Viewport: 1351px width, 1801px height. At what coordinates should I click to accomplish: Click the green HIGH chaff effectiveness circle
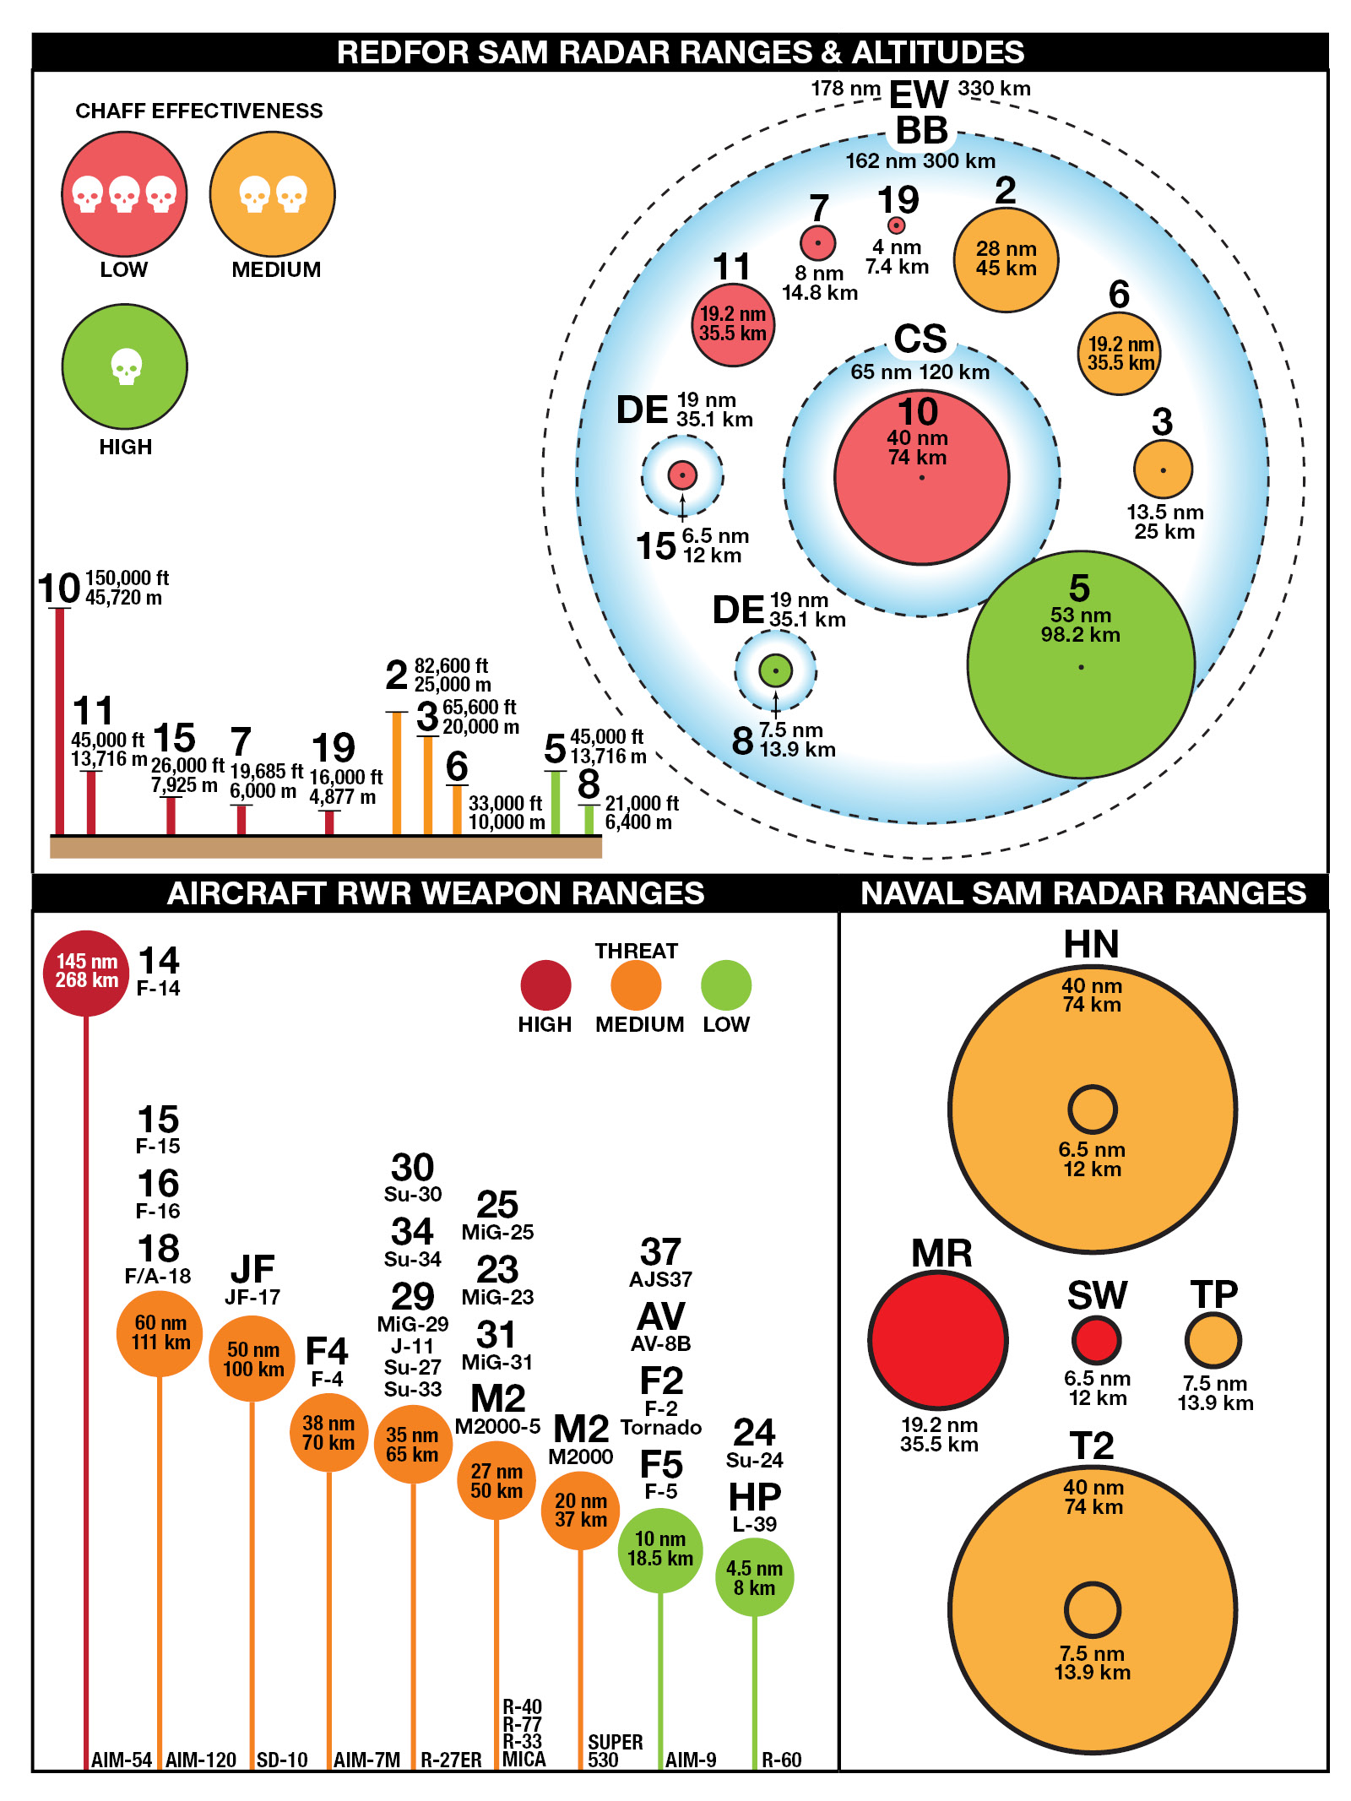coord(125,366)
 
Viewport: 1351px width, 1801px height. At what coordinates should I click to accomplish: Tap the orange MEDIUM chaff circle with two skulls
coord(272,194)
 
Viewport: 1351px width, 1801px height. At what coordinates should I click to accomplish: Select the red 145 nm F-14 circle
coord(86,973)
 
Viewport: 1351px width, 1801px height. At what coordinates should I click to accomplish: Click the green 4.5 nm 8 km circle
coord(754,1577)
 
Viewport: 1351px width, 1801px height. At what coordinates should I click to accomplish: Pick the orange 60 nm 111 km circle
coord(160,1333)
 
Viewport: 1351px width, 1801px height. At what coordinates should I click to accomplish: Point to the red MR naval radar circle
coord(938,1340)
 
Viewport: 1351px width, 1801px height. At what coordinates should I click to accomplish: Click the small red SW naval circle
coord(1096,1340)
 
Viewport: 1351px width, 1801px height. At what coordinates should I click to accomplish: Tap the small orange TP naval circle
coord(1213,1340)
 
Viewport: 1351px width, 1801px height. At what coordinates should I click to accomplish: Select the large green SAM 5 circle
coord(1081,665)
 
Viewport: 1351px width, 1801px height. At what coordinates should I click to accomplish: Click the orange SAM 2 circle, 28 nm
coord(1006,259)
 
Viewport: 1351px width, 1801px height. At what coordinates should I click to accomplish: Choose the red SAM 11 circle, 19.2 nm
coord(733,324)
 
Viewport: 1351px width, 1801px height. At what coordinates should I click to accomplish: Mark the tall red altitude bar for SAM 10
coord(59,722)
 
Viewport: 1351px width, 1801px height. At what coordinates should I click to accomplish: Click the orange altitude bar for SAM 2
coord(397,773)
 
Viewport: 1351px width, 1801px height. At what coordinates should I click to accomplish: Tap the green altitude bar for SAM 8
coord(589,820)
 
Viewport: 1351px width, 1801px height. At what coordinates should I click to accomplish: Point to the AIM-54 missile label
coord(122,1760)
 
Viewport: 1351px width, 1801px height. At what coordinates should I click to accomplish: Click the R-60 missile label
coord(781,1760)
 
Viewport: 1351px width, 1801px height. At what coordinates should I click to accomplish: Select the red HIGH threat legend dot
coord(545,985)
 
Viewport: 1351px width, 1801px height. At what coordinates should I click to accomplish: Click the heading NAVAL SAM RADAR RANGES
coord(1083,893)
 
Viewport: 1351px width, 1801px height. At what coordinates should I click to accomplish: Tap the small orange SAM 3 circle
coord(1163,469)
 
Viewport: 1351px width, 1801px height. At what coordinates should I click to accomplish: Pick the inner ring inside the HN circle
coord(1093,1109)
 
